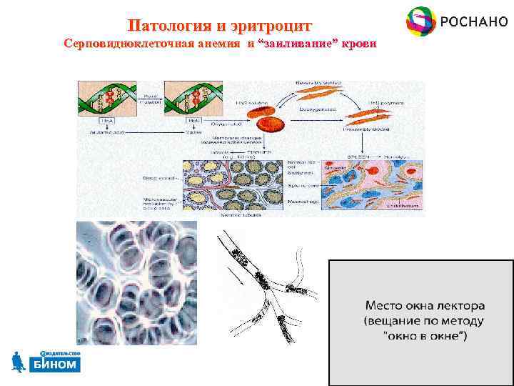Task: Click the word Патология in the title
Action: [x=168, y=26]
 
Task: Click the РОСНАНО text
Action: [x=469, y=21]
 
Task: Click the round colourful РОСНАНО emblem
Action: [x=420, y=21]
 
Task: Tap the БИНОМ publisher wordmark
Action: [x=55, y=365]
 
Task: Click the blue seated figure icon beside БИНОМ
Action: [x=19, y=362]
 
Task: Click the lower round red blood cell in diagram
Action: [x=271, y=124]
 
